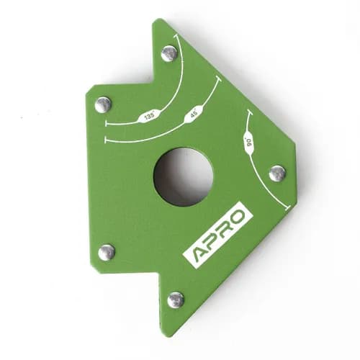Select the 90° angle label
tap(248, 143)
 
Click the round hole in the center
tap(183, 177)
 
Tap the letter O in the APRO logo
tap(238, 215)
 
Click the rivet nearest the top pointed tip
tap(169, 54)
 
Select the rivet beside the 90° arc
tap(277, 174)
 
